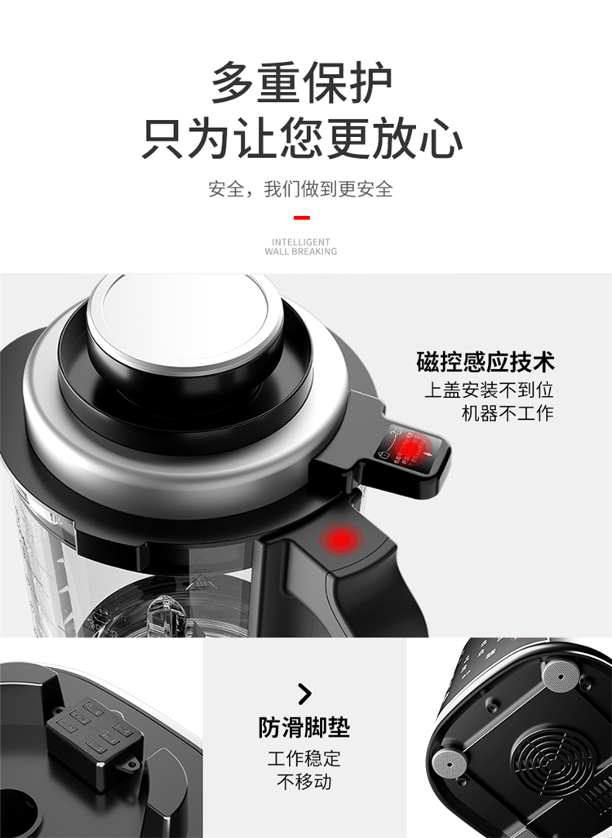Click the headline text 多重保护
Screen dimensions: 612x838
[301, 83]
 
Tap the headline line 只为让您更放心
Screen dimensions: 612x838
[302, 139]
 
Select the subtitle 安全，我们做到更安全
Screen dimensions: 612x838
[300, 189]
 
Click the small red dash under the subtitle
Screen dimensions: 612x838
[302, 218]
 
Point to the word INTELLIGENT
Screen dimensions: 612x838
[300, 241]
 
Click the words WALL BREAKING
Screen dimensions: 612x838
[300, 251]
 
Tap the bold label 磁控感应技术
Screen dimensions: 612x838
[486, 362]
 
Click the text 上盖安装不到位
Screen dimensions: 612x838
[489, 390]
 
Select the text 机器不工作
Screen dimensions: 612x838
[508, 413]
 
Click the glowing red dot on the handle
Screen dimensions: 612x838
[341, 540]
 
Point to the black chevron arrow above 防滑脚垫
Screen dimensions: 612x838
[304, 694]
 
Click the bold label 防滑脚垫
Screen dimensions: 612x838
[304, 728]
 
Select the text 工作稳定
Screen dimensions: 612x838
[304, 758]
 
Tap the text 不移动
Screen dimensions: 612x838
[304, 782]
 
